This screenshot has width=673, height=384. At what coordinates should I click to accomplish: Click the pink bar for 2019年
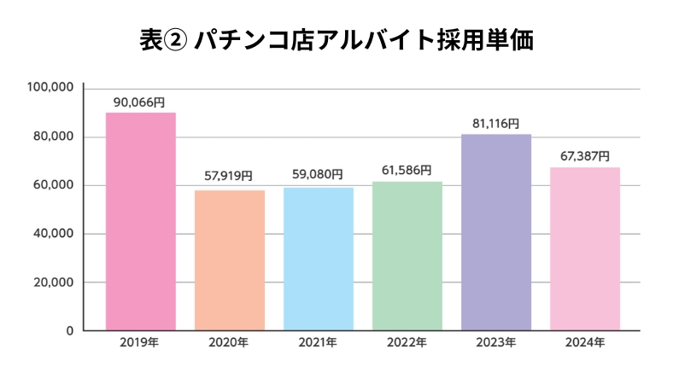(x=141, y=222)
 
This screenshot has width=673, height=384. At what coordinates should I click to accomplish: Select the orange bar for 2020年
(x=230, y=260)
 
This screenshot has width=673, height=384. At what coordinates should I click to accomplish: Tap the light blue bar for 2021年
(x=319, y=259)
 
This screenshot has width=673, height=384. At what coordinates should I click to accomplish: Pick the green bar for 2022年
(x=407, y=256)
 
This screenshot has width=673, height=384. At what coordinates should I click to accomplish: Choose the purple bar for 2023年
(x=496, y=232)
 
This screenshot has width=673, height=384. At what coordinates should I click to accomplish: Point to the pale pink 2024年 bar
(x=585, y=248)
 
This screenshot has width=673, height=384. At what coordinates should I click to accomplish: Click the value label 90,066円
(x=141, y=102)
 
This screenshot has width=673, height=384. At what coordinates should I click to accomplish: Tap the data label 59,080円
(x=319, y=174)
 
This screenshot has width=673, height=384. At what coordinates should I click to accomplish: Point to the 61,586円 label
(x=407, y=170)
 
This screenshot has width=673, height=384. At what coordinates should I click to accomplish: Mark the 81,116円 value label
(x=496, y=123)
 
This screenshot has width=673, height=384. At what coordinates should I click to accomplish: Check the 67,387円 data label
(x=585, y=156)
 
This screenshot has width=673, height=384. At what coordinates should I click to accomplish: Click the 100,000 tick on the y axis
(x=52, y=88)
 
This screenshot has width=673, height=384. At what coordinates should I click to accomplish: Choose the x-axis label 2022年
(x=407, y=343)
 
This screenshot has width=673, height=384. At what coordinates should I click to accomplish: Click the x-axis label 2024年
(x=585, y=343)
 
